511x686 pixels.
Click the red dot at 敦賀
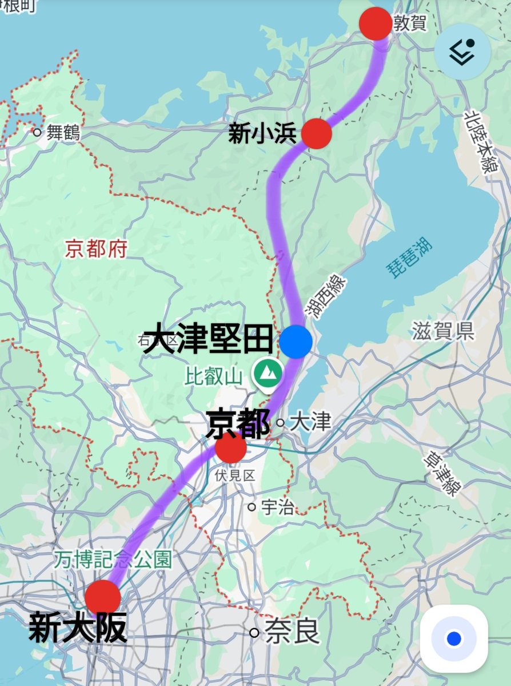(x=376, y=24)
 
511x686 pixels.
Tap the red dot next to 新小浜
(x=316, y=133)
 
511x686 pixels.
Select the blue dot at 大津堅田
(x=296, y=342)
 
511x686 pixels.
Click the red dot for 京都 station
(x=231, y=448)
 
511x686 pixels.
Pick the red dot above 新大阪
(x=103, y=597)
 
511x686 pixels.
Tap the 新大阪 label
(x=78, y=628)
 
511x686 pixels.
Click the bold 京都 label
(x=237, y=424)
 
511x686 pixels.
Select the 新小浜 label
(x=262, y=134)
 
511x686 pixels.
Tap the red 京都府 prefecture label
(x=95, y=248)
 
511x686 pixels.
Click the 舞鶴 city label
(x=63, y=133)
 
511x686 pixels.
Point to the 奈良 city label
(x=292, y=633)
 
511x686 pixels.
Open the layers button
(x=462, y=51)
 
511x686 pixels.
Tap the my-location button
(x=454, y=639)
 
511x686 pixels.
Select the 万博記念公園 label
(x=113, y=560)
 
